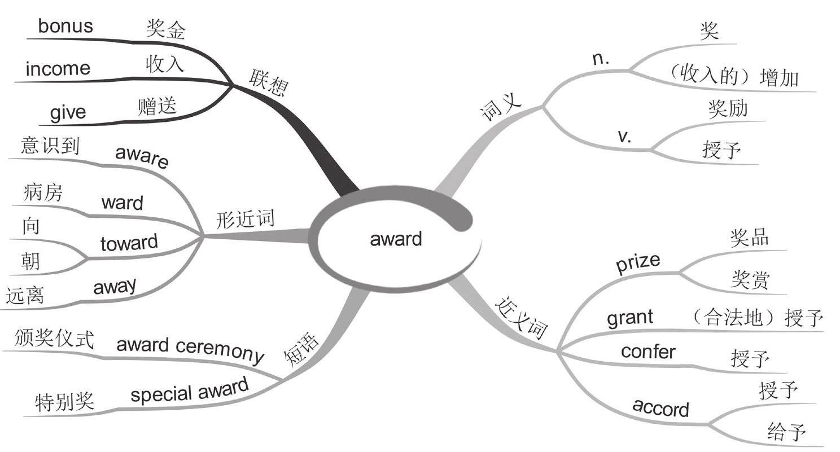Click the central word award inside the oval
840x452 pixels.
(396, 239)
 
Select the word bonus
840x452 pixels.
(65, 26)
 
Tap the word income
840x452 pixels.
(58, 69)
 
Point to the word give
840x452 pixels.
(68, 112)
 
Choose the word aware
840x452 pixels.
(142, 157)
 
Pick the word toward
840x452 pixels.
(129, 243)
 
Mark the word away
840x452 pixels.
(115, 287)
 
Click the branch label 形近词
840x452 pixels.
(244, 219)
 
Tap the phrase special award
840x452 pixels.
(190, 390)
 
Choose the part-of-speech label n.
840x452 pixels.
(601, 59)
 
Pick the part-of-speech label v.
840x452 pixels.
(625, 137)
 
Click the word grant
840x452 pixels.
(630, 318)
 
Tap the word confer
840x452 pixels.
(648, 352)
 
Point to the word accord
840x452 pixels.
(660, 407)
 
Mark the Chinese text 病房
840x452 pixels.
(43, 194)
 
